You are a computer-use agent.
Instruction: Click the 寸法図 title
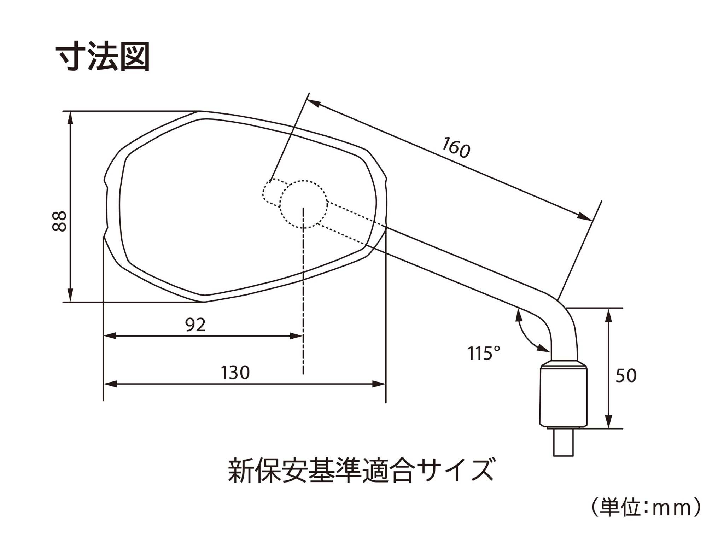click(103, 57)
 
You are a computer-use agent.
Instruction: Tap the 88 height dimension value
click(59, 221)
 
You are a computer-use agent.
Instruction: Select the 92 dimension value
click(195, 325)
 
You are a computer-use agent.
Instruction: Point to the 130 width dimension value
click(235, 372)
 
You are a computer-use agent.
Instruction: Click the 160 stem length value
click(456, 147)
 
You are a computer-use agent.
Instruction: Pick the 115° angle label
click(484, 353)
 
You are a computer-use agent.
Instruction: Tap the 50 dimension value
click(626, 375)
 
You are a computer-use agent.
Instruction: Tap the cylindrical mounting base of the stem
click(563, 394)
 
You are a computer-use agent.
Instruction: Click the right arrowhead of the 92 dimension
click(296, 336)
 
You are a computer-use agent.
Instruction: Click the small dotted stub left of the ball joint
click(271, 193)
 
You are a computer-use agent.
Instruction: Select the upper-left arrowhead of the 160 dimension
click(314, 103)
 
